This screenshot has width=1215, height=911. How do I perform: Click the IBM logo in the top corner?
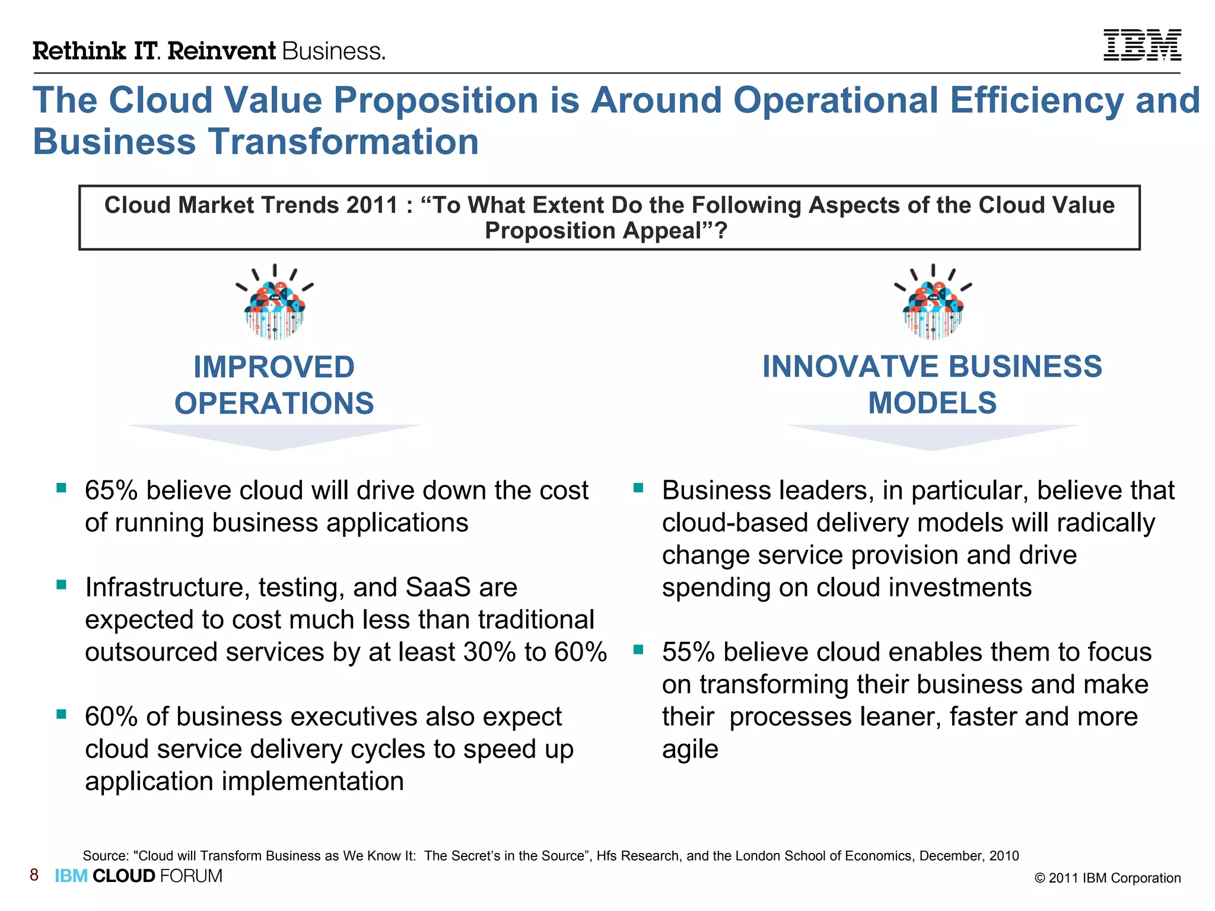(1142, 45)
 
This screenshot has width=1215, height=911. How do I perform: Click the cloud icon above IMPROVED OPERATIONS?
(274, 304)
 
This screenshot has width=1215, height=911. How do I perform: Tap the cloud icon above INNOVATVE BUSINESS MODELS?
(933, 304)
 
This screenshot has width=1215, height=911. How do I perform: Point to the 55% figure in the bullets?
(689, 652)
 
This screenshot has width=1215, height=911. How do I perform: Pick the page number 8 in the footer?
(34, 875)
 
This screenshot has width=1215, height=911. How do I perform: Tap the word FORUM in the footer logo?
(191, 876)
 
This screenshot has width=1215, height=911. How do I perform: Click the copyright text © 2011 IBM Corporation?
(1108, 878)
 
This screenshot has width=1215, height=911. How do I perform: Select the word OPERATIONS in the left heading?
(274, 403)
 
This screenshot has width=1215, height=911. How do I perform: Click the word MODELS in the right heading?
(932, 403)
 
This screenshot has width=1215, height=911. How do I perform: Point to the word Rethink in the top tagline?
(79, 51)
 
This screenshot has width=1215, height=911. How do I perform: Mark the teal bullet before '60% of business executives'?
(61, 714)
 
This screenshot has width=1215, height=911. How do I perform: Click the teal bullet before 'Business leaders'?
(638, 488)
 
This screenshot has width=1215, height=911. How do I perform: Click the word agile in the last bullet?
(690, 750)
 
